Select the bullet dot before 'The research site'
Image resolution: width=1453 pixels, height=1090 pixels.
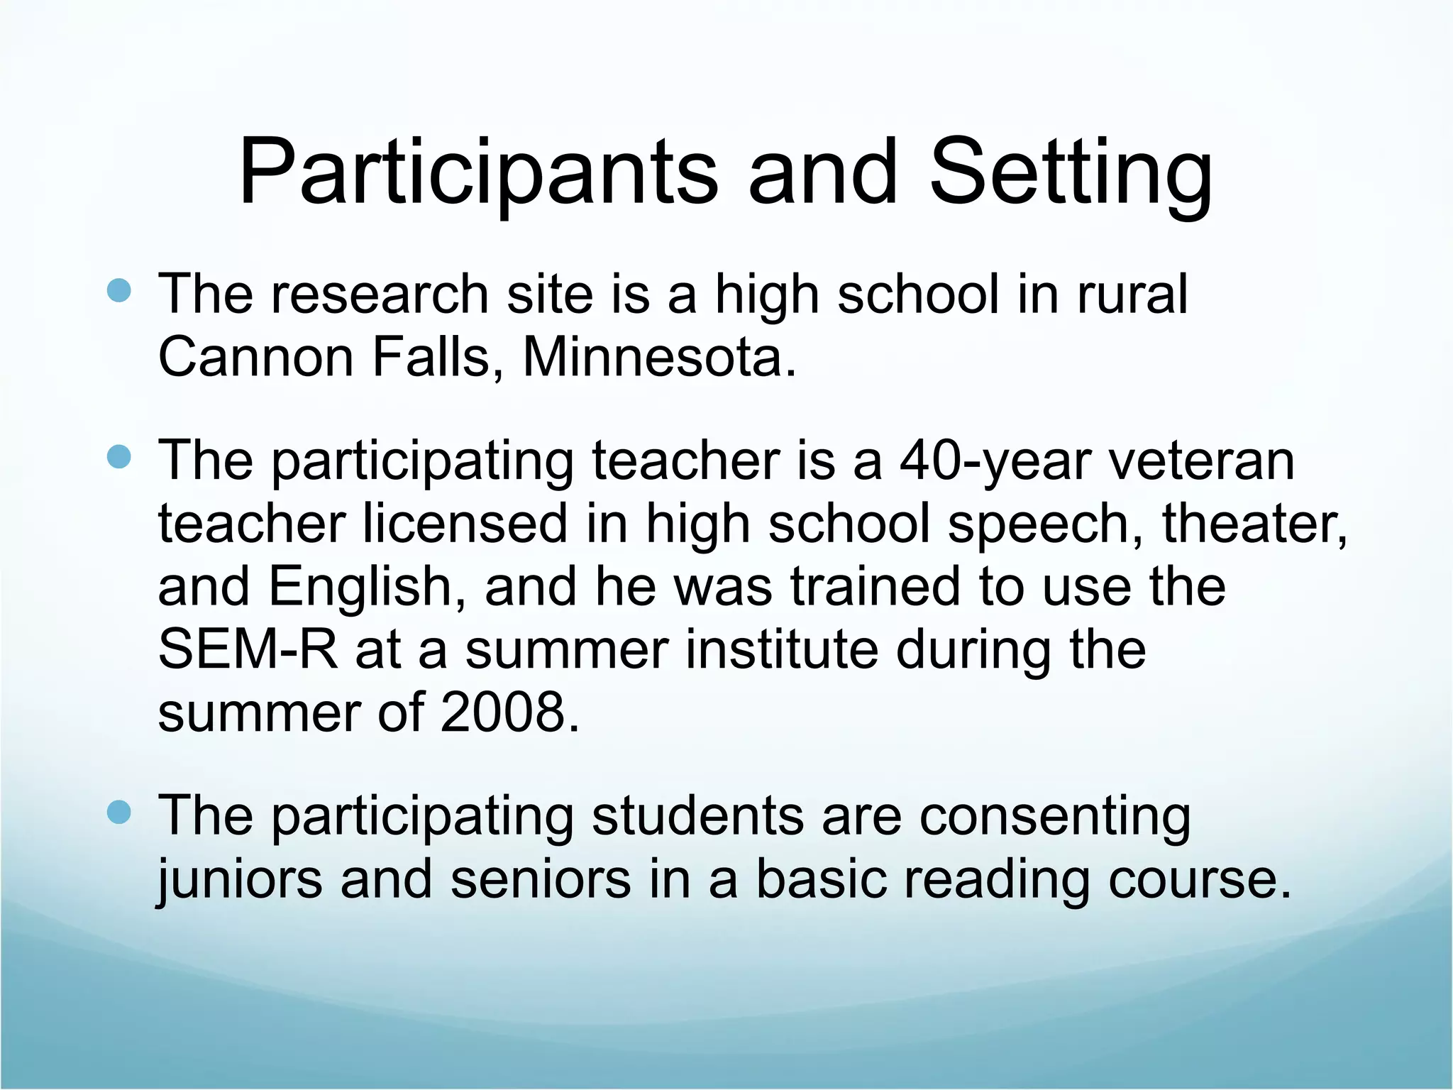pyautogui.click(x=119, y=291)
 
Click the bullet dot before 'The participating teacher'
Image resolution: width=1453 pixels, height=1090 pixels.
pyautogui.click(x=119, y=458)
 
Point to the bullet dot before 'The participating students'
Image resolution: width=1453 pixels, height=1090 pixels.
pyautogui.click(x=119, y=813)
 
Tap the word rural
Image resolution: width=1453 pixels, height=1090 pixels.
pyautogui.click(x=1132, y=294)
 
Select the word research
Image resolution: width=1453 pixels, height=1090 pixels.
pyautogui.click(x=380, y=294)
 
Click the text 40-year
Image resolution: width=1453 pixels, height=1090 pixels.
pyautogui.click(x=994, y=461)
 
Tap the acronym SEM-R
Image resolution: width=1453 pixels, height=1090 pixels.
pyautogui.click(x=248, y=649)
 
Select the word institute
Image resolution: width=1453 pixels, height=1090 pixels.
pyautogui.click(x=781, y=649)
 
